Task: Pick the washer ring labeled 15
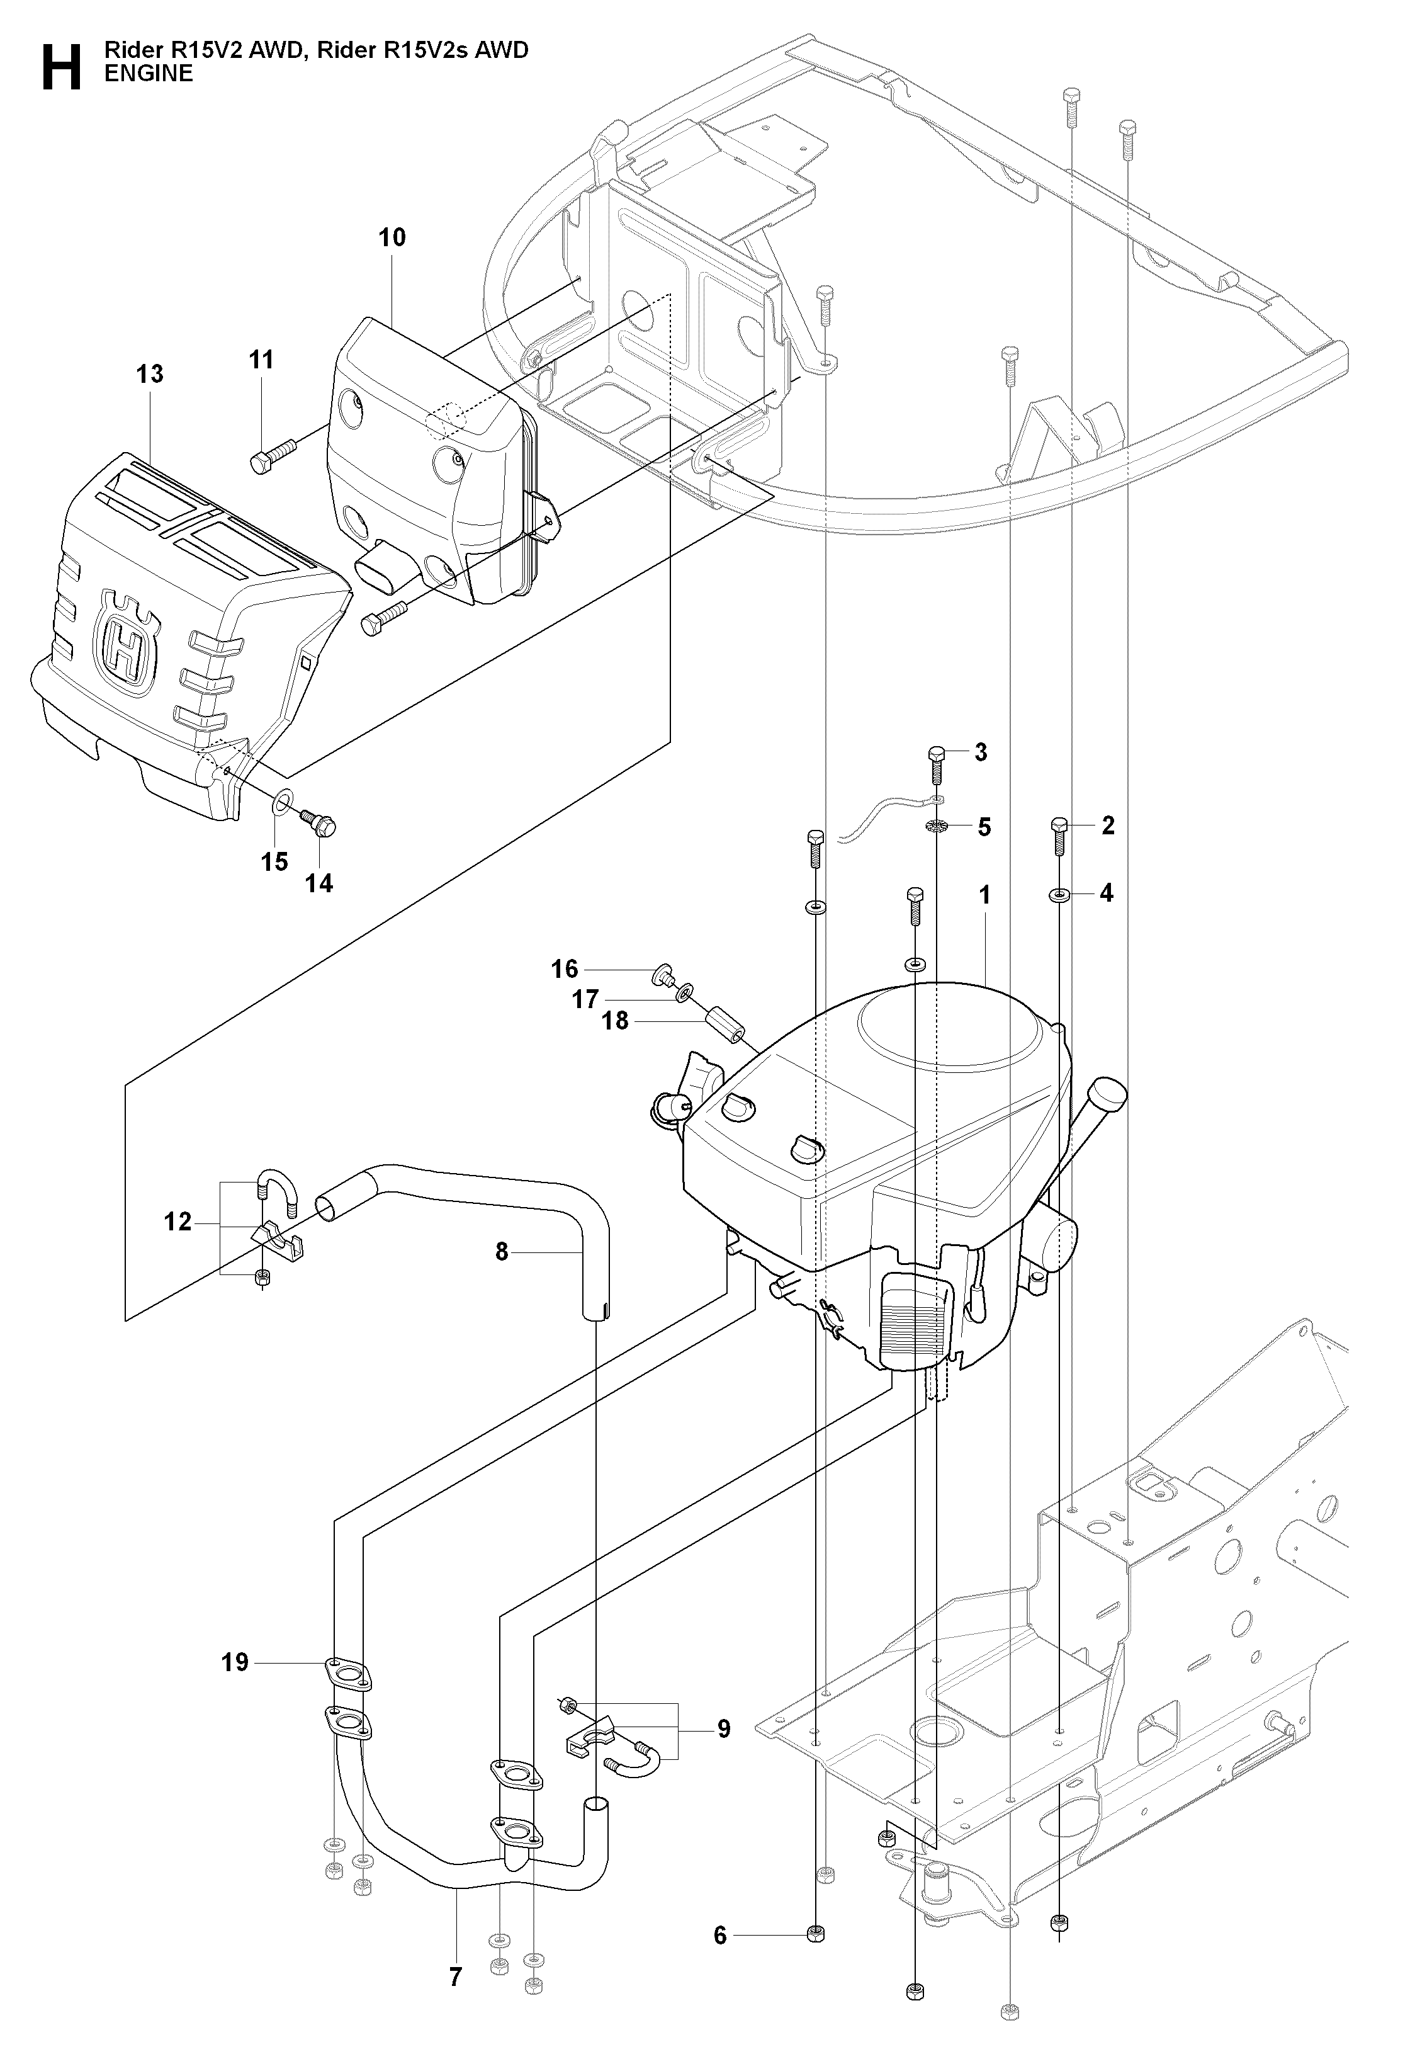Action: pos(281,803)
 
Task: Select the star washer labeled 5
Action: pos(938,827)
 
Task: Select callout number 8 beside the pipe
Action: pos(502,1251)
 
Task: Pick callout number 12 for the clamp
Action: pos(178,1222)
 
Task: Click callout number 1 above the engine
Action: pos(984,895)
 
